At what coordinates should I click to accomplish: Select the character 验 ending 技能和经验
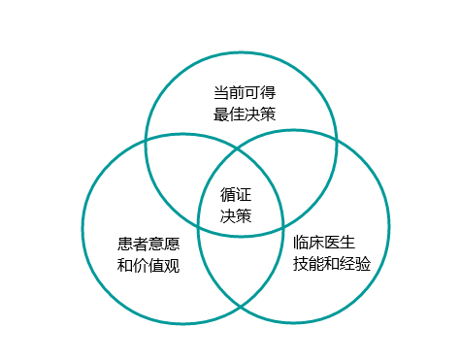click(x=363, y=263)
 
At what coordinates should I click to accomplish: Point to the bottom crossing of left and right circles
click(x=240, y=306)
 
